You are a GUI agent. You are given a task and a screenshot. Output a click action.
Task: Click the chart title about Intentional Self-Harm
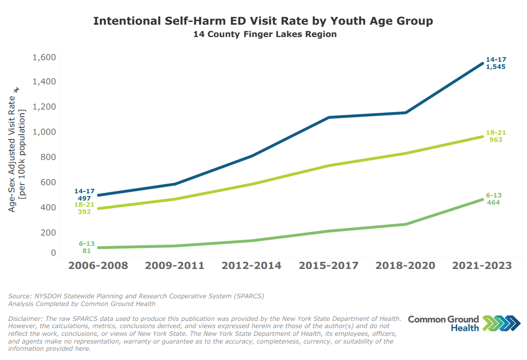pos(263,21)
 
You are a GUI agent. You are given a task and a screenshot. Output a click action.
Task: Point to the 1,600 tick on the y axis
pos(44,57)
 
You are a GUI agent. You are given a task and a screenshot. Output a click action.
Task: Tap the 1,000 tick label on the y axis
pos(44,132)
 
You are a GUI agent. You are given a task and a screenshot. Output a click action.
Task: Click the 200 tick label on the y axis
pos(48,232)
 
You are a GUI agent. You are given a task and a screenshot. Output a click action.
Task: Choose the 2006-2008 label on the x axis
pos(98,266)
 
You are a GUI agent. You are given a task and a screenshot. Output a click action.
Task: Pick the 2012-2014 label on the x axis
pos(252,266)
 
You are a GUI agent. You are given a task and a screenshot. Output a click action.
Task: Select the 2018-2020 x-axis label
pos(406,266)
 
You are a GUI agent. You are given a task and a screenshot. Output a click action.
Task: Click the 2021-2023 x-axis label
pos(482,266)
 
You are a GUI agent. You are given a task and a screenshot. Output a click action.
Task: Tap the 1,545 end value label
pos(496,67)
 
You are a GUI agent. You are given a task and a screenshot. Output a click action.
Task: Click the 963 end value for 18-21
pos(496,140)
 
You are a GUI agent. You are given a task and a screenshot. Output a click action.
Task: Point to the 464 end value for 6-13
pos(494,203)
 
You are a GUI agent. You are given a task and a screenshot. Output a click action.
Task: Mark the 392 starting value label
pos(84,211)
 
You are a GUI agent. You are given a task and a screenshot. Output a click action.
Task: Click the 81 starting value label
pos(86,251)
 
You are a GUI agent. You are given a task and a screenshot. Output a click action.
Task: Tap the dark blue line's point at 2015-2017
pos(329,118)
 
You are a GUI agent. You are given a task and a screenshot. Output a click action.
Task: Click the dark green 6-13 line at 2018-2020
pos(406,224)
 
